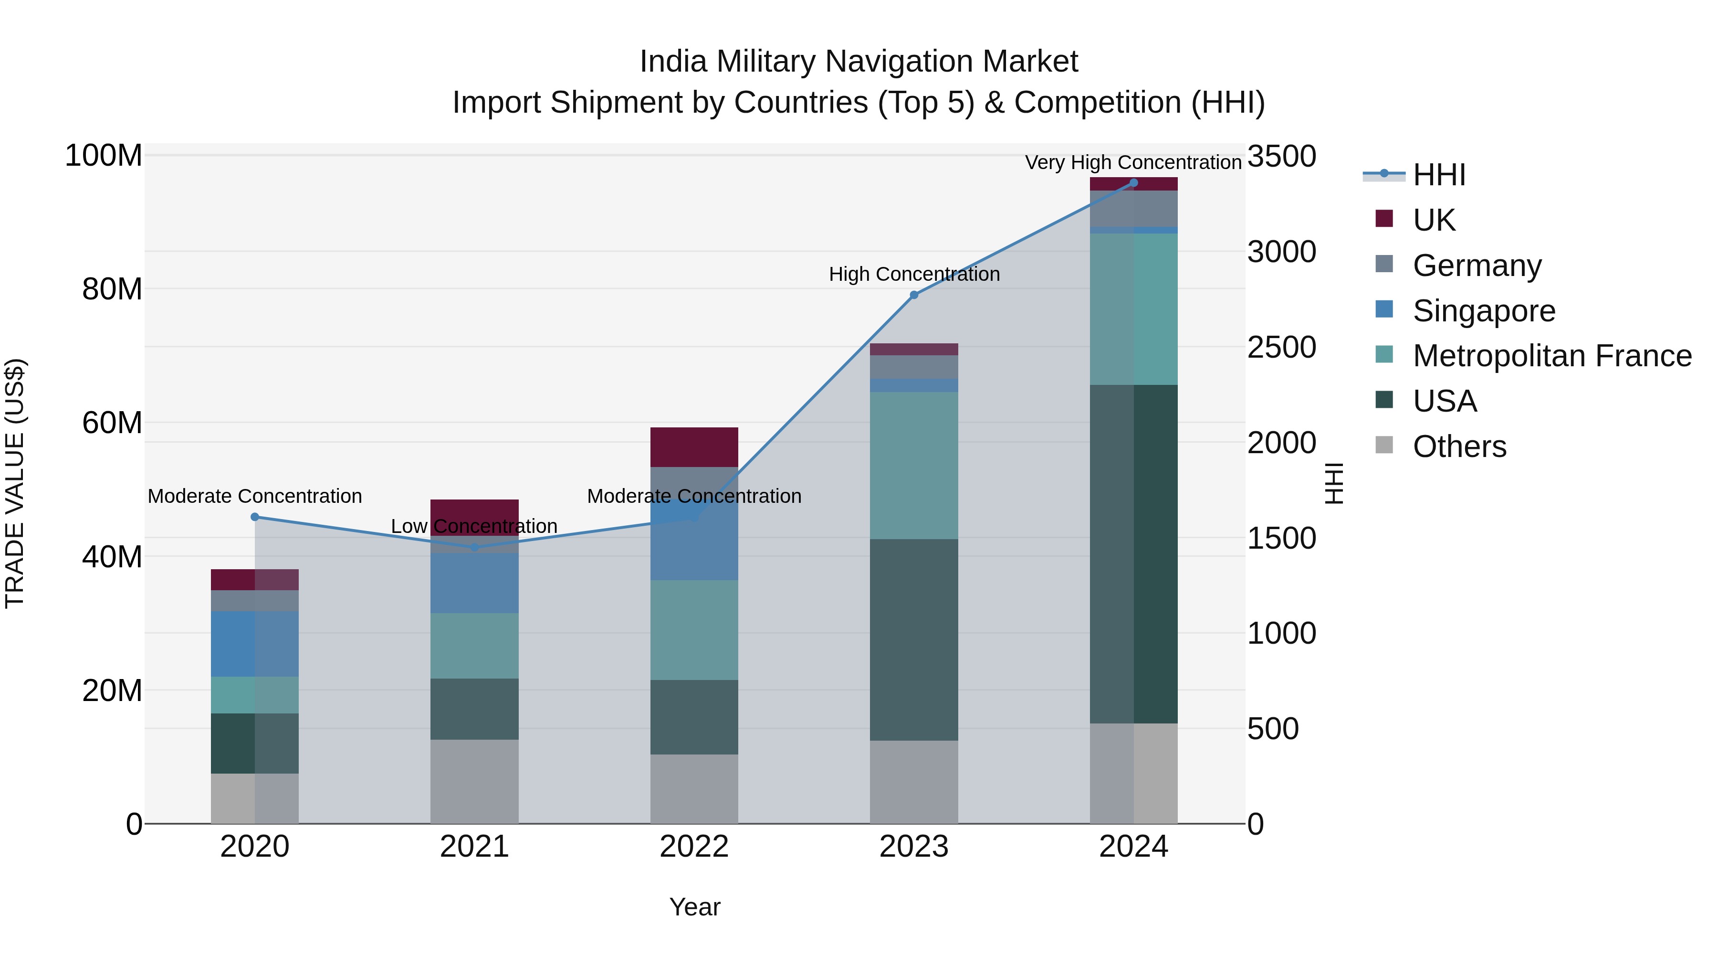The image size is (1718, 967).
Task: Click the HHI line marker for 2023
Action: click(914, 295)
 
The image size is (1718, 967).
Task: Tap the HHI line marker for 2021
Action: click(475, 547)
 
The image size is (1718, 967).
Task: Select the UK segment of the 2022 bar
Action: click(694, 446)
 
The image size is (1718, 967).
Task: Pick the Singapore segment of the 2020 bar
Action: click(255, 644)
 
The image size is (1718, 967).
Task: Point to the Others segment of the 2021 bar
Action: click(475, 781)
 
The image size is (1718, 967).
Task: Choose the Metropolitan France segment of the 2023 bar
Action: click(914, 465)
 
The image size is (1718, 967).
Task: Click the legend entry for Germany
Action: click(1477, 265)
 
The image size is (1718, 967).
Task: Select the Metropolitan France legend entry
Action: click(1551, 356)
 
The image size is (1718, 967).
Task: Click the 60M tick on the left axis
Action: click(112, 423)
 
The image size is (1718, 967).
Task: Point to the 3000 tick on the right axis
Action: click(1281, 252)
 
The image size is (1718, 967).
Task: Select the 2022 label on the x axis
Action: click(694, 847)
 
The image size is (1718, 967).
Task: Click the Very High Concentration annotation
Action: click(1132, 162)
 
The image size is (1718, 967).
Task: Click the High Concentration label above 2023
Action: click(914, 274)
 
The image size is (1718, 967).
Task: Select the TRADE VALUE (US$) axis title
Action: click(15, 483)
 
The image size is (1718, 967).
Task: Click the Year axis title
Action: click(694, 907)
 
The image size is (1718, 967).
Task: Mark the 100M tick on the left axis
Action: click(104, 156)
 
